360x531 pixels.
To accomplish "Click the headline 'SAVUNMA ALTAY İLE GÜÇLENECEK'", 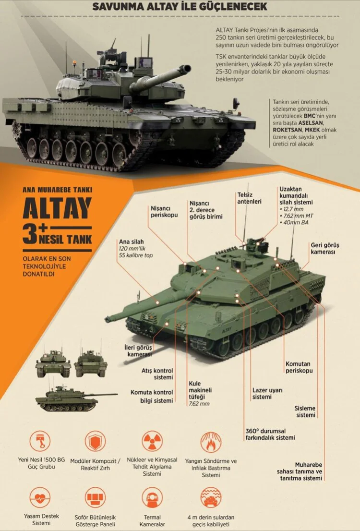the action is [x=180, y=6].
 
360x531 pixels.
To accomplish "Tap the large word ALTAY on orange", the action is [x=57, y=208].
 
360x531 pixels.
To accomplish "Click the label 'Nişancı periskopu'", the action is [x=164, y=212].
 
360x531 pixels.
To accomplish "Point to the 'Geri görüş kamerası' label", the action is [x=325, y=249].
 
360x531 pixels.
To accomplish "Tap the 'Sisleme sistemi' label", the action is [x=305, y=411].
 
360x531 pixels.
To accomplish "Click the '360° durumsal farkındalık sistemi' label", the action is [x=270, y=434].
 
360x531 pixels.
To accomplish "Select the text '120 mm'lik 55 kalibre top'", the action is [x=135, y=252].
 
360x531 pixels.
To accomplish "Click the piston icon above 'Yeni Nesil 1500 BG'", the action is [x=40, y=441].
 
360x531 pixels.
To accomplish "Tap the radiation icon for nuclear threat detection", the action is [x=152, y=441].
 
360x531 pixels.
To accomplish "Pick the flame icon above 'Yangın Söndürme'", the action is [x=211, y=442].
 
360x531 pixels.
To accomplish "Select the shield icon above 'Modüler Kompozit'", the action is [x=95, y=441].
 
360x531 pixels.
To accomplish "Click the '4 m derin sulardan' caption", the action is [x=211, y=517].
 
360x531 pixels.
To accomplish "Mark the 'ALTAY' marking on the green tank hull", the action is [x=227, y=329].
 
